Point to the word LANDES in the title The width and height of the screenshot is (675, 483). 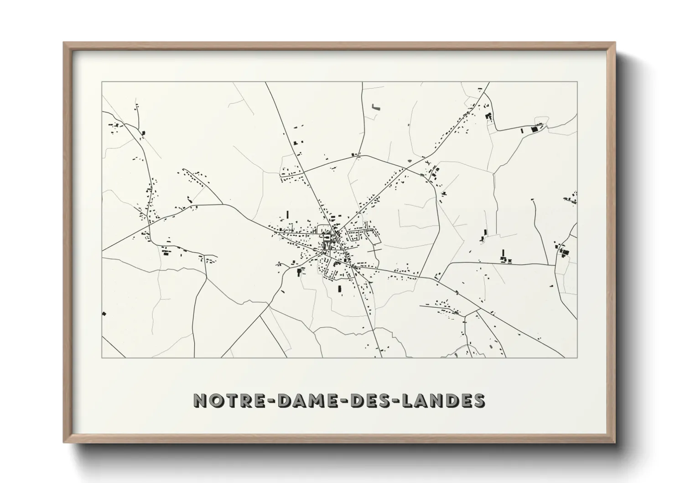(x=440, y=400)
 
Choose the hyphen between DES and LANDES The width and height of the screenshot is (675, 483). (x=391, y=400)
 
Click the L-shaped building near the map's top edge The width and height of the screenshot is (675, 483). (x=375, y=107)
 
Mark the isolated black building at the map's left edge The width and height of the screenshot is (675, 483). (x=104, y=314)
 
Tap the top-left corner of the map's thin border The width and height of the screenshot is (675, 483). (x=102, y=82)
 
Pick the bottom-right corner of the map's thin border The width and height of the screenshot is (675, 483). (x=577, y=357)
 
